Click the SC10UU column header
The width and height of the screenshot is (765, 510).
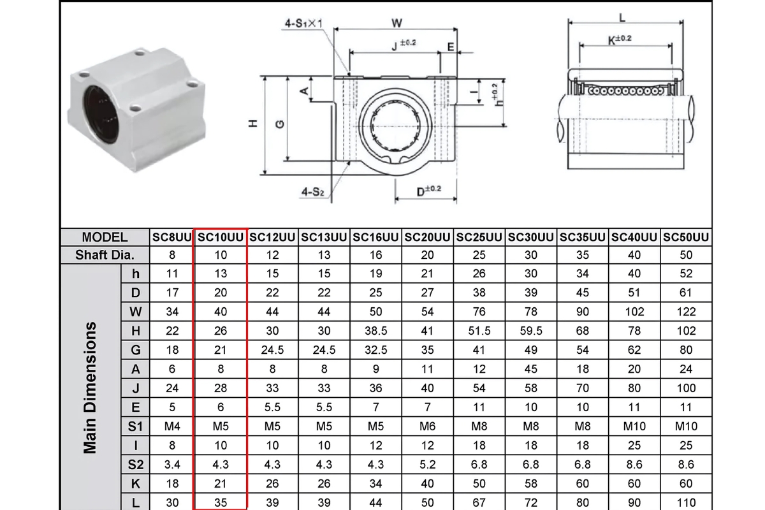(221, 237)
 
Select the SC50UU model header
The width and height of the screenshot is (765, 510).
(686, 237)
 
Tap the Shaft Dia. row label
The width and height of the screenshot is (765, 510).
(105, 256)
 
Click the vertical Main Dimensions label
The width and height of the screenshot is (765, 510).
(91, 388)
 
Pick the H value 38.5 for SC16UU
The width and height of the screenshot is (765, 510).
(376, 331)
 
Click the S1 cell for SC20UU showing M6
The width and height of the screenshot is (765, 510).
(428, 426)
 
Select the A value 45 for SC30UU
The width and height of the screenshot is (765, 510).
(531, 369)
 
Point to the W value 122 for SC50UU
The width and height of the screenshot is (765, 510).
(686, 312)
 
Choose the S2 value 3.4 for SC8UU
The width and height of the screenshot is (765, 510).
(172, 465)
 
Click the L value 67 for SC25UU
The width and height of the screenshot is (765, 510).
(479, 503)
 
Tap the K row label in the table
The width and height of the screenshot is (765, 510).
(135, 484)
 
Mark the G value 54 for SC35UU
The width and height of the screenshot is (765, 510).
(583, 350)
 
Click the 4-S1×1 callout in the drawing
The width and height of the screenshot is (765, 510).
(303, 24)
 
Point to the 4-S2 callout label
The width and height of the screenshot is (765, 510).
(312, 191)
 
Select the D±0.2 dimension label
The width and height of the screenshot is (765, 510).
(429, 191)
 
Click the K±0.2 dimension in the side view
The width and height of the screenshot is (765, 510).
(620, 40)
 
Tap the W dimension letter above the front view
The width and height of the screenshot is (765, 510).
(397, 23)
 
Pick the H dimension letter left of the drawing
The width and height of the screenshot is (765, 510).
(253, 124)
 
